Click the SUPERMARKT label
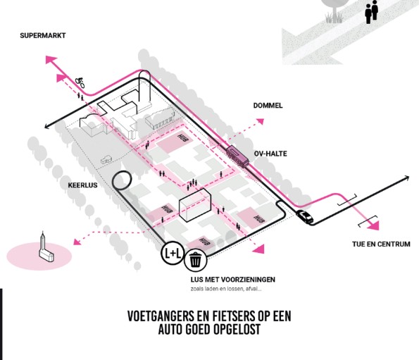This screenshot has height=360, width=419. pyautogui.click(x=43, y=35)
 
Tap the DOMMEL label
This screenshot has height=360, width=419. pyautogui.click(x=268, y=106)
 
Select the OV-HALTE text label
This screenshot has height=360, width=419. pyautogui.click(x=270, y=154)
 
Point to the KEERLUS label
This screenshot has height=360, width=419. pyautogui.click(x=82, y=185)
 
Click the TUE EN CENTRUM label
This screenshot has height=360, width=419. pyautogui.click(x=381, y=244)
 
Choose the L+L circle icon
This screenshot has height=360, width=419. pyautogui.click(x=173, y=253)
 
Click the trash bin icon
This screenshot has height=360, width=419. pyautogui.click(x=196, y=259)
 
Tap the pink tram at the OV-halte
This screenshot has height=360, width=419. pyautogui.click(x=237, y=156)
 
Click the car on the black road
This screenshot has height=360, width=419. pyautogui.click(x=304, y=216)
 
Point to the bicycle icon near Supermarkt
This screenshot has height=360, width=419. pyautogui.click(x=80, y=82)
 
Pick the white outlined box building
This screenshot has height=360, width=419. pyautogui.click(x=195, y=205)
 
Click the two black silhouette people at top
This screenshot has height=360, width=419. pyautogui.click(x=371, y=12)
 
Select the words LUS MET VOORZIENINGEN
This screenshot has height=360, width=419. pyautogui.click(x=233, y=280)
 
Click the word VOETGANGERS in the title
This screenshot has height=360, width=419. pyautogui.click(x=161, y=316)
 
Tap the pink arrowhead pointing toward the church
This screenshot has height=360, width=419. pyautogui.click(x=77, y=242)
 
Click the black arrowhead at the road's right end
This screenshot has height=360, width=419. pyautogui.click(x=407, y=178)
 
